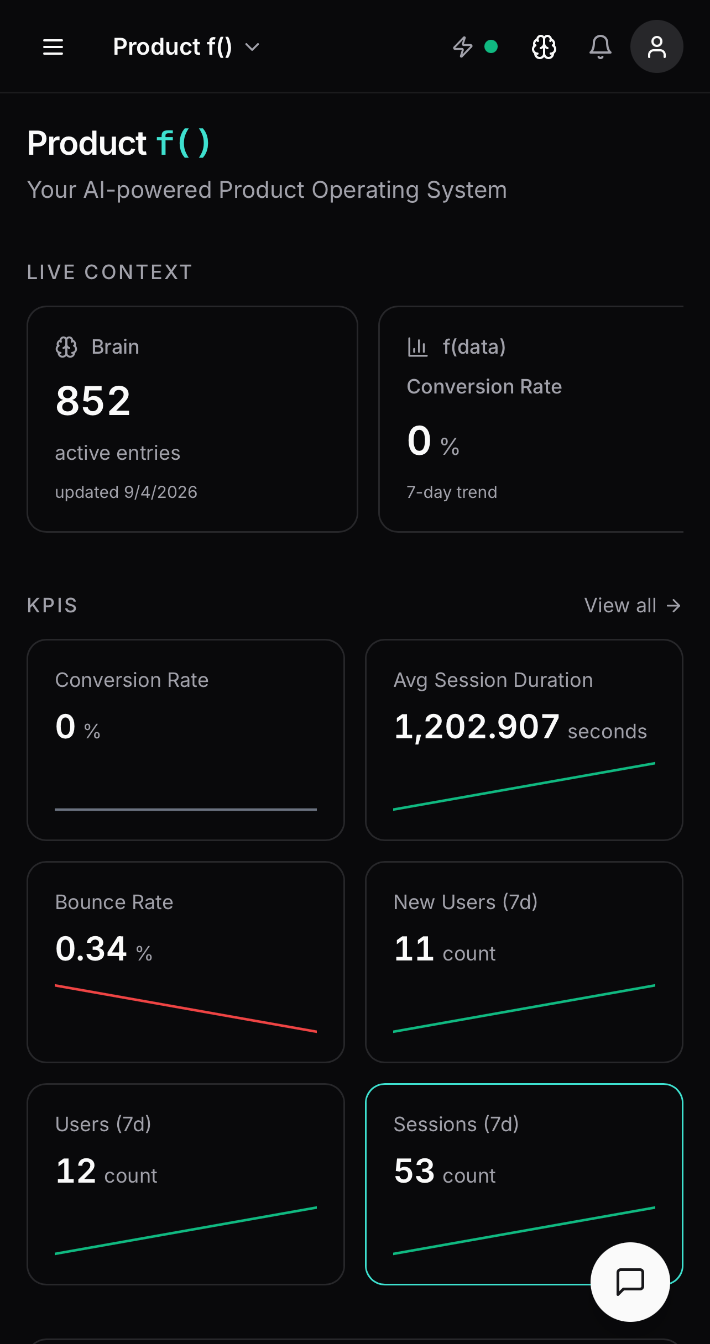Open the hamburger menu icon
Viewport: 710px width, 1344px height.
53,47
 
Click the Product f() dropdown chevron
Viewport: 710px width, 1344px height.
252,48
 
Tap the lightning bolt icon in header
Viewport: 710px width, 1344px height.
462,47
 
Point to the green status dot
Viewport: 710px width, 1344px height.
490,46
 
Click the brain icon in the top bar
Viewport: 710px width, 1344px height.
544,47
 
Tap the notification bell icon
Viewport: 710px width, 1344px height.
600,47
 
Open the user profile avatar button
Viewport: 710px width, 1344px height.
656,47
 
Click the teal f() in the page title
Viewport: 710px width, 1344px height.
183,143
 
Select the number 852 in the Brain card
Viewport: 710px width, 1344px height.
93,401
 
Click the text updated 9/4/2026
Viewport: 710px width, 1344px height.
126,492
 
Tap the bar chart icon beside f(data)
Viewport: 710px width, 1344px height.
417,347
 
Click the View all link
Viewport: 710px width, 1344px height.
632,606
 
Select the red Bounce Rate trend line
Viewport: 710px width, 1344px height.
186,1008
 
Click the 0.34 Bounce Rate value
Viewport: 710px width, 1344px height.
91,949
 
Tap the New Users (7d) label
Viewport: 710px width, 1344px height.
466,902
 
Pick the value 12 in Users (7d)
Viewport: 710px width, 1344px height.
76,1171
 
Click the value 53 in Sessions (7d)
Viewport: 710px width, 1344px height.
414,1171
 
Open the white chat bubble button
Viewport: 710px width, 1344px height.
630,1282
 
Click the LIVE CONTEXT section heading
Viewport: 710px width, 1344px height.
109,272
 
